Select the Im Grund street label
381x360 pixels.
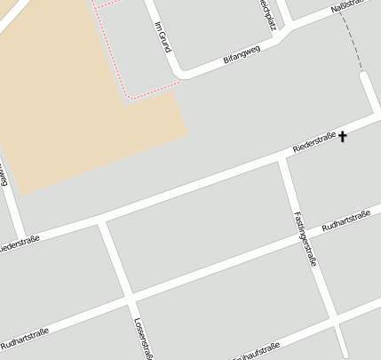pyautogui.click(x=162, y=36)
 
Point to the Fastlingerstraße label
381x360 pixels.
pyautogui.click(x=304, y=239)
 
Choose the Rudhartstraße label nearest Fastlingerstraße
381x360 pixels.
pyautogui.click(x=345, y=221)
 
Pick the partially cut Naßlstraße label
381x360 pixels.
pyautogui.click(x=347, y=8)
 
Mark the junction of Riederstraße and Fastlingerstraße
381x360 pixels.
pyautogui.click(x=284, y=158)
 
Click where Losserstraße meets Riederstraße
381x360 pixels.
pyautogui.click(x=103, y=220)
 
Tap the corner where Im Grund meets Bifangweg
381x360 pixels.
pyautogui.click(x=180, y=72)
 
